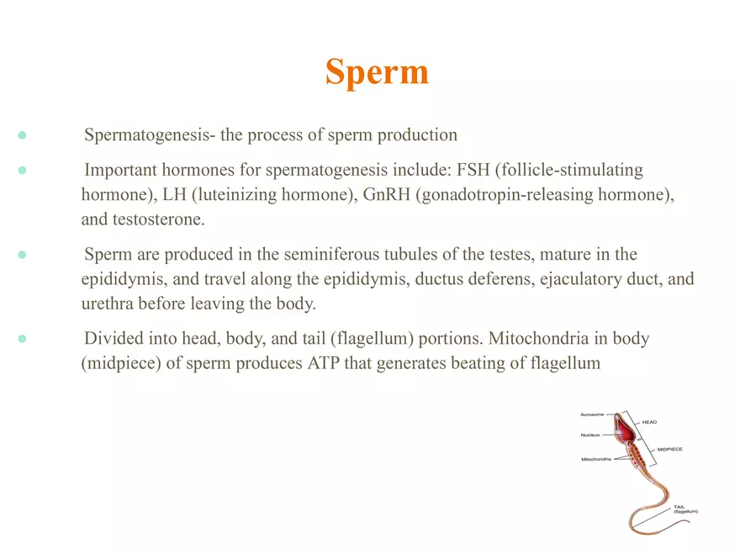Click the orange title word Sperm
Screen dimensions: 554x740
coord(377,72)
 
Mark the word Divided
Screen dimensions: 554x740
coord(113,339)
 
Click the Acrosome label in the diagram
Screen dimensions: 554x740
coord(594,414)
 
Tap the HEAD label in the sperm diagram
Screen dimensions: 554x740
coord(650,422)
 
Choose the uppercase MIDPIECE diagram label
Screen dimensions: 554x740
coord(664,450)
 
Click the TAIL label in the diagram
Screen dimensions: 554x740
coord(679,507)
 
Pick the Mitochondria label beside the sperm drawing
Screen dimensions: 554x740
coord(596,459)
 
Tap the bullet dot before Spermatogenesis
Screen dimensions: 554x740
coord(23,135)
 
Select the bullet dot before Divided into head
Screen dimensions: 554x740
coord(23,339)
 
